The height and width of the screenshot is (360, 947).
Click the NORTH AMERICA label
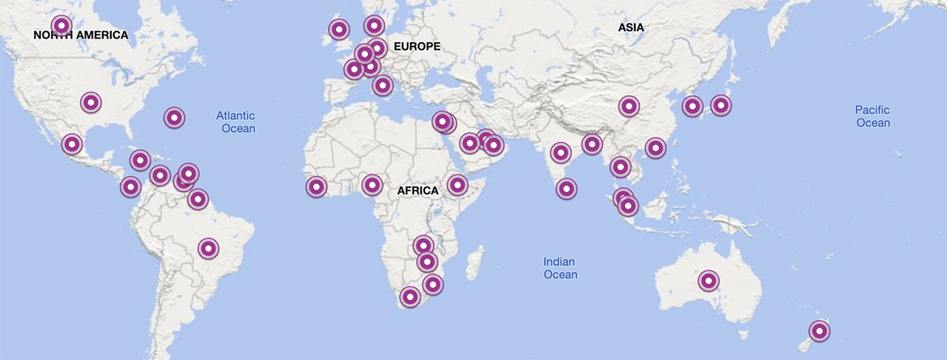coord(81,35)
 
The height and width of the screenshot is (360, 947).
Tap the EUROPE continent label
coord(417,47)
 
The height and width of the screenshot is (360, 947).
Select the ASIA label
coord(631,27)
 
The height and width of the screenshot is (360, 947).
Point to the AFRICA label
coord(418,190)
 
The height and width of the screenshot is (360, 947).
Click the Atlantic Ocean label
coord(236,122)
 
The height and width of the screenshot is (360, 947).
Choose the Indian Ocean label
coord(560,268)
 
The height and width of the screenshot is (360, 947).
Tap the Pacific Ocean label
coord(873,116)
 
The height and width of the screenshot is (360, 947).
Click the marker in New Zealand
coord(820,330)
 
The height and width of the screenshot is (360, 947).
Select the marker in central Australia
coord(709,281)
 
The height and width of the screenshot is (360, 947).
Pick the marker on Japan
coord(720,105)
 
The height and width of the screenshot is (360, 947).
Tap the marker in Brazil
coord(209,249)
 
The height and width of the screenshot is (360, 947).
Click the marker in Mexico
coord(72,144)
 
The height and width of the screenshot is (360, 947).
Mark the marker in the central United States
coord(90,102)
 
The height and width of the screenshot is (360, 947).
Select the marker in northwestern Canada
coord(62,26)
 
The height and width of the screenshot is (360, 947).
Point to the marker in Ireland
coord(339,30)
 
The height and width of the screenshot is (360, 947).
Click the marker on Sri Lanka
coord(566,189)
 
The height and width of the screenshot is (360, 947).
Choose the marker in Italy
coord(382,85)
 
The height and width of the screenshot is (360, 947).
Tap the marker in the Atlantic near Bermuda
coord(174,117)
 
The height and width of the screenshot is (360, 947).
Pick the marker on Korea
coord(692,106)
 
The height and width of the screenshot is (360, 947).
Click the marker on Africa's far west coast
coord(317,187)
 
